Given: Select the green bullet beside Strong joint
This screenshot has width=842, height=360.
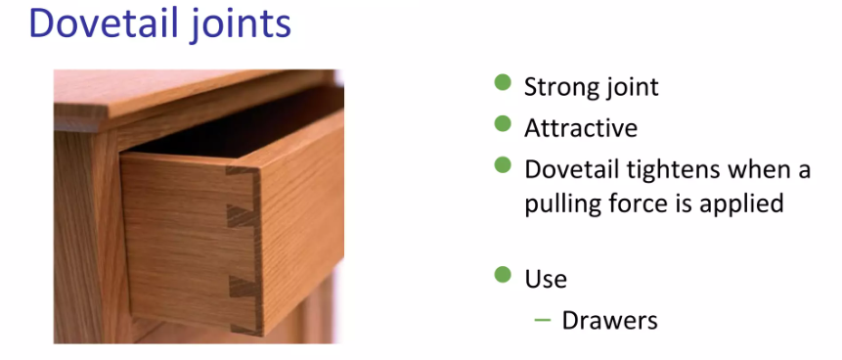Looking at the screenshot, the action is coord(503,83).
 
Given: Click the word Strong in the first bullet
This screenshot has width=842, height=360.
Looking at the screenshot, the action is coord(557,87).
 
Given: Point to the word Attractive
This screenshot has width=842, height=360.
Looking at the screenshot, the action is coord(581,128).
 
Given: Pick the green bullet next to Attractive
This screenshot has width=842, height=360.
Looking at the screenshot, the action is coord(503,123).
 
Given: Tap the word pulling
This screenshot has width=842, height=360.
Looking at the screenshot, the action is coord(558,204).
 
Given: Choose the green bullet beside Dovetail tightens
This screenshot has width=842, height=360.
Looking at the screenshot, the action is coord(503,165).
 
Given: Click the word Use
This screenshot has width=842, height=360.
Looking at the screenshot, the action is coord(546,280).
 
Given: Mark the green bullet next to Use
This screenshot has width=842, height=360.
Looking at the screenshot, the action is coord(503,275).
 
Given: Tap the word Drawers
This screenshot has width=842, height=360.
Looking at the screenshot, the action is coord(609,321).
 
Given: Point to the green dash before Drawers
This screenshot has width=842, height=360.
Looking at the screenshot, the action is coord(543,321).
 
